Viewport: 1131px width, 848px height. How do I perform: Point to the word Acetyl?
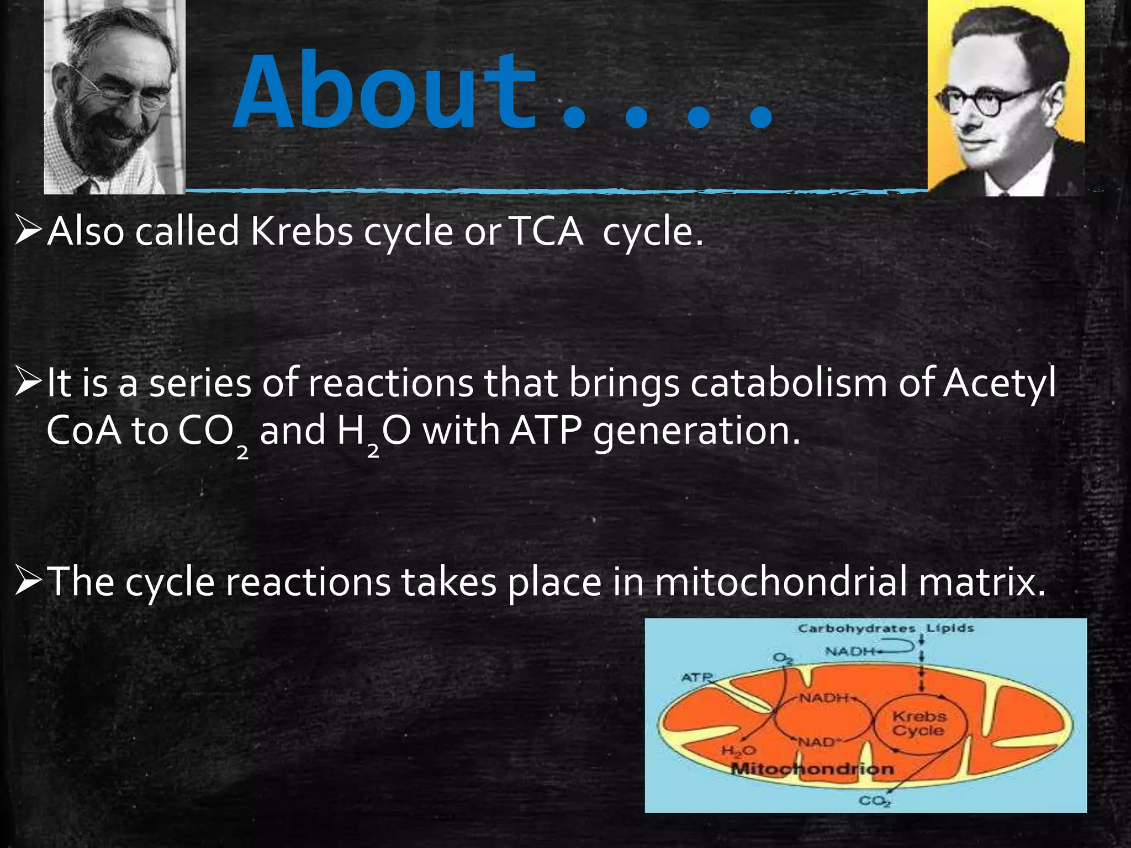(1000, 382)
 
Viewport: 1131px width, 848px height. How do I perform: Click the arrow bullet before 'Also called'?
(28, 232)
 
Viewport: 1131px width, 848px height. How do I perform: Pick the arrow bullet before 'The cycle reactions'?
(28, 582)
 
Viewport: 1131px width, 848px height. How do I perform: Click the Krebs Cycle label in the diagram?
(919, 723)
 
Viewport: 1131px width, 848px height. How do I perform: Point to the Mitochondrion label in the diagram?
(812, 768)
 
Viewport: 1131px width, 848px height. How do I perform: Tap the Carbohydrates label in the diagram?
(856, 628)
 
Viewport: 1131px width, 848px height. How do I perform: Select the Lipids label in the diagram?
(949, 628)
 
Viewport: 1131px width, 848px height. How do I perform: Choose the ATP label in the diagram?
(697, 677)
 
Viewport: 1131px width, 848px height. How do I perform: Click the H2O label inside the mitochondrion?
(738, 751)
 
